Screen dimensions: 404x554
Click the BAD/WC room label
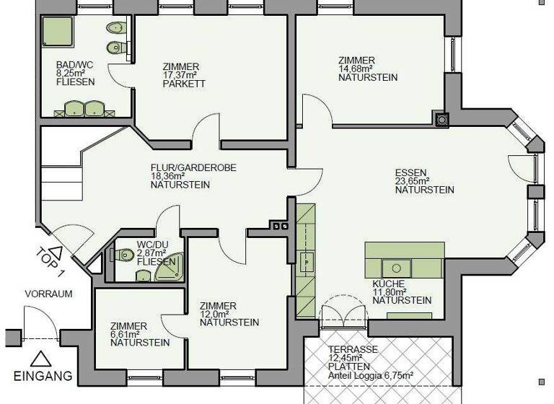69,63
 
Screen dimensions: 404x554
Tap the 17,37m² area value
181,75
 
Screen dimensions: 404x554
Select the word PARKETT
184,84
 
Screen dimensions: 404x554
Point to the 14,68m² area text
357,69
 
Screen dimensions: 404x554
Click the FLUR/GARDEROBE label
193,167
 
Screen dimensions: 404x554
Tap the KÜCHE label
388,284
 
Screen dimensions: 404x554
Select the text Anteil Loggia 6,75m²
369,375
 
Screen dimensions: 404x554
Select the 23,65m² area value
413,181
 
